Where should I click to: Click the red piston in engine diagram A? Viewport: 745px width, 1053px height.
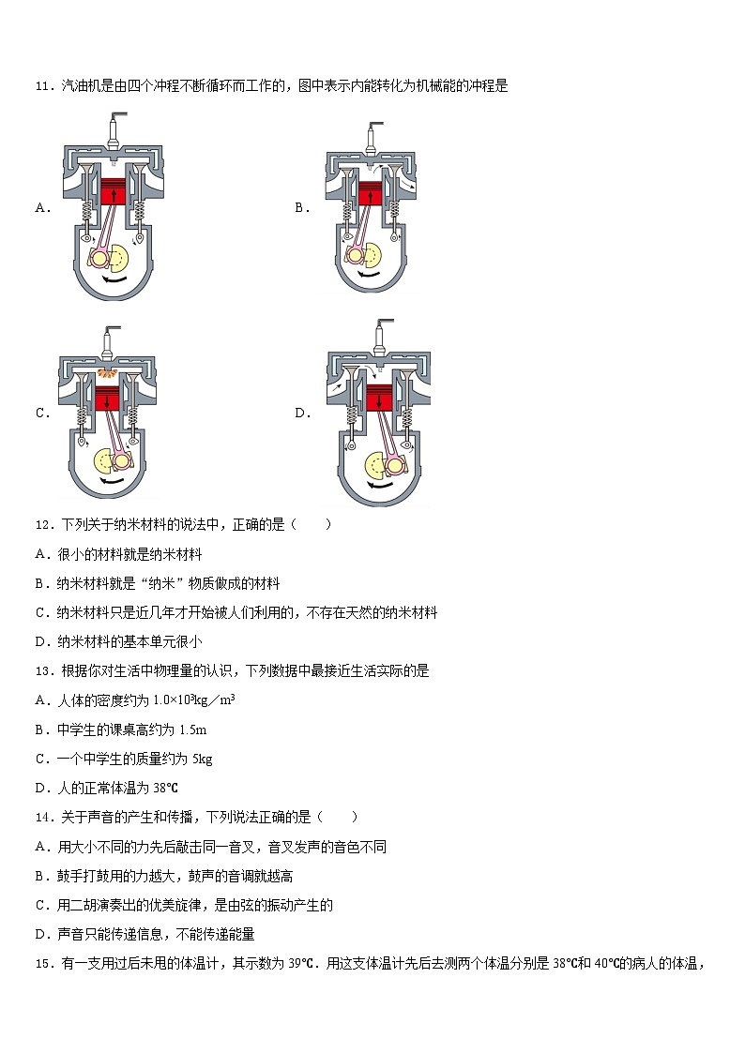coord(114,191)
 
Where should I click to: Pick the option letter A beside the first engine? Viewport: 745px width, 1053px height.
coord(41,208)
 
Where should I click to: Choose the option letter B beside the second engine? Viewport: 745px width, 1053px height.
coord(301,208)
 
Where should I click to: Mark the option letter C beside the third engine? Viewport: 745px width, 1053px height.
coord(41,414)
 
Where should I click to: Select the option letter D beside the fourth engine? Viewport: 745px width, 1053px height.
coord(301,414)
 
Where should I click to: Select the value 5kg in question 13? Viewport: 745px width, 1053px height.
coord(202,759)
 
